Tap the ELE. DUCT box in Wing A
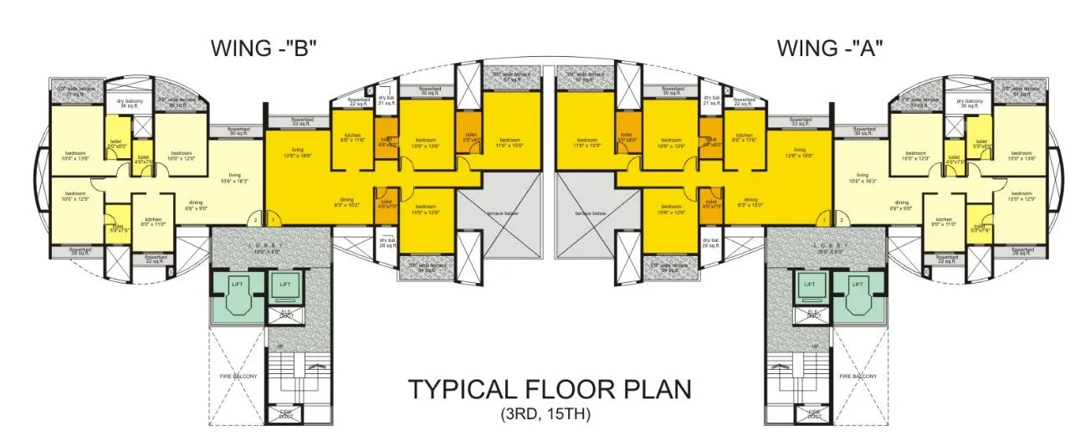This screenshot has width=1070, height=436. click(x=812, y=315)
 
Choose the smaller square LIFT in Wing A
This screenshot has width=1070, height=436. click(x=810, y=285)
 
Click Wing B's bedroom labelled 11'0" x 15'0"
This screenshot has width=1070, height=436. click(x=510, y=142)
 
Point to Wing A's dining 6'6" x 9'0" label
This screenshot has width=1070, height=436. click(x=900, y=205)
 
